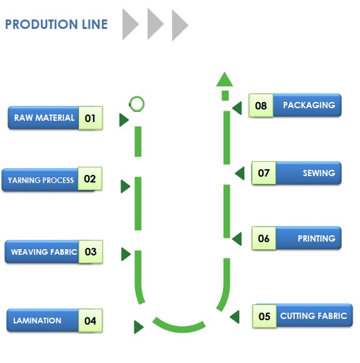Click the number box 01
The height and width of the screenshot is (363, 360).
(90, 118)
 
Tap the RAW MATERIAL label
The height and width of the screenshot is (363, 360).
(44, 118)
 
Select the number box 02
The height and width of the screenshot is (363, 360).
(90, 179)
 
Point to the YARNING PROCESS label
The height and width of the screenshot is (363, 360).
(41, 180)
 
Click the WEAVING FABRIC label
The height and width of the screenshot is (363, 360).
(44, 252)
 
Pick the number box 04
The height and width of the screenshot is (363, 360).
(90, 321)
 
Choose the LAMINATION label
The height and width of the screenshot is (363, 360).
(37, 321)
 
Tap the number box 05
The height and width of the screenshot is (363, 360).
(265, 316)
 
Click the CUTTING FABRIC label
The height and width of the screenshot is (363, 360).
(314, 316)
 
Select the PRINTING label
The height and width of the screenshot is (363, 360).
(317, 238)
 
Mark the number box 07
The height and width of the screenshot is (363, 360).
(264, 173)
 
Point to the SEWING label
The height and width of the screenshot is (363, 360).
(319, 173)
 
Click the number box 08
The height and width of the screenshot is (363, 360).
(261, 105)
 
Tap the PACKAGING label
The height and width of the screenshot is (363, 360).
(309, 105)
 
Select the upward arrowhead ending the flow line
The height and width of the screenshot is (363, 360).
(224, 79)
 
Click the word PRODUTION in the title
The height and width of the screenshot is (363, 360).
(41, 25)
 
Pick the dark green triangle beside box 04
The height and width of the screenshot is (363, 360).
(139, 327)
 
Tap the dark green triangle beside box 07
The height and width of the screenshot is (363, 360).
(239, 174)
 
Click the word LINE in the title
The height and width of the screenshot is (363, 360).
(95, 25)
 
